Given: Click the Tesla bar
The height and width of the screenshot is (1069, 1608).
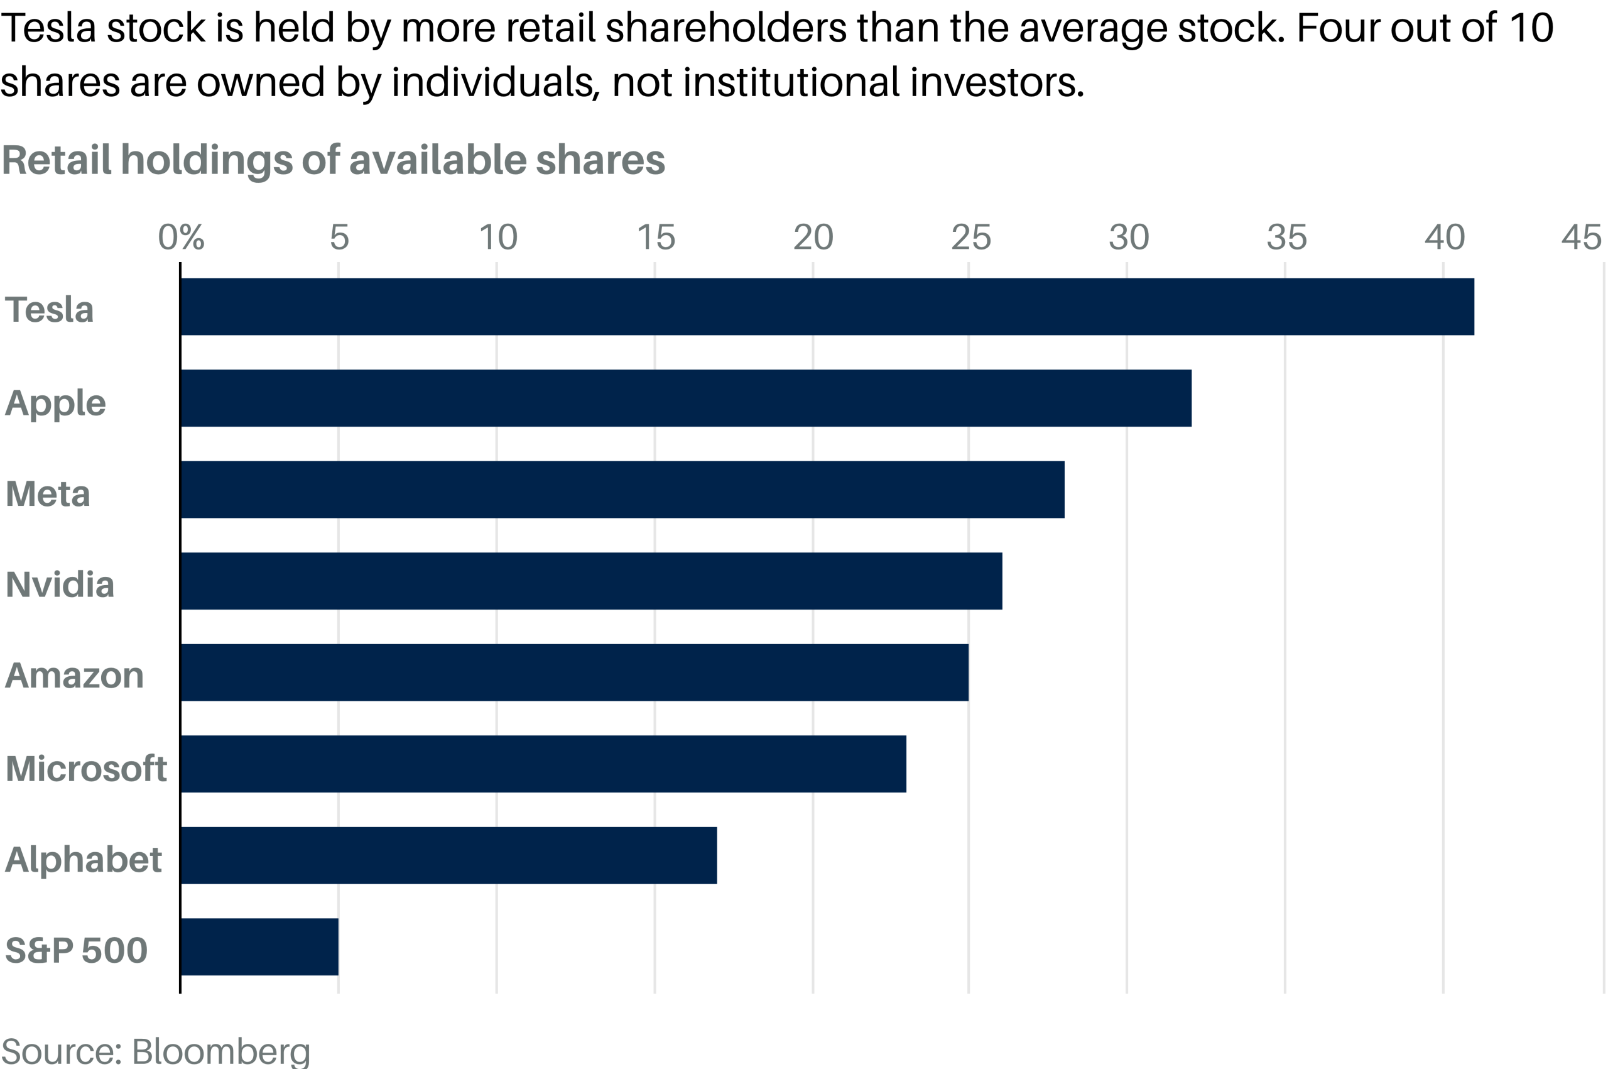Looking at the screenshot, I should [827, 307].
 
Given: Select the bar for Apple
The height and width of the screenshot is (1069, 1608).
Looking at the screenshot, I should [685, 398].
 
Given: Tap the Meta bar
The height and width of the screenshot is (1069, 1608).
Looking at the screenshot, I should [622, 490].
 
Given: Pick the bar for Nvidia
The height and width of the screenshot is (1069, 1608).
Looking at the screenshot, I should [590, 581].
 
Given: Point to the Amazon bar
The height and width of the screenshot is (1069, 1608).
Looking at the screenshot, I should [573, 672].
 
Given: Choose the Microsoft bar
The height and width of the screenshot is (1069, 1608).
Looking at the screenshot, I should [543, 764].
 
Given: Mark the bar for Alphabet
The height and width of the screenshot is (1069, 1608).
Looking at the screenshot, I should [448, 855].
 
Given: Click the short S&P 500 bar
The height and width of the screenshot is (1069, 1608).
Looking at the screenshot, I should [259, 947].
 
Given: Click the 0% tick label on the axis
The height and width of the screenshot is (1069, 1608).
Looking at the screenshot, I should [180, 238].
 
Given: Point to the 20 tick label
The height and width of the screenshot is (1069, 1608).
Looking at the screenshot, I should [813, 238].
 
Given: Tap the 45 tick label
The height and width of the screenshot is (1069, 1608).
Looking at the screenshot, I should [1581, 238].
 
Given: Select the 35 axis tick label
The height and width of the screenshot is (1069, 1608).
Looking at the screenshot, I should [1286, 238].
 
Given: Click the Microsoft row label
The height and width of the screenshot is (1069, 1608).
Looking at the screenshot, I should [86, 769].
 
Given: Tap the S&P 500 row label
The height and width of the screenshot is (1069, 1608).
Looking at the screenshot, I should [76, 950].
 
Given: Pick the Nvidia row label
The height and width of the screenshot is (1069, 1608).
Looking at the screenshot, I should [60, 585].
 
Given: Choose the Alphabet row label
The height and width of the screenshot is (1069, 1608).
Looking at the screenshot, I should [83, 859].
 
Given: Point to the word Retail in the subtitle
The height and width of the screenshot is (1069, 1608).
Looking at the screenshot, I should [56, 160].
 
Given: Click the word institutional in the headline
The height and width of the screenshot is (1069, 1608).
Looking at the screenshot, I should [791, 82].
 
